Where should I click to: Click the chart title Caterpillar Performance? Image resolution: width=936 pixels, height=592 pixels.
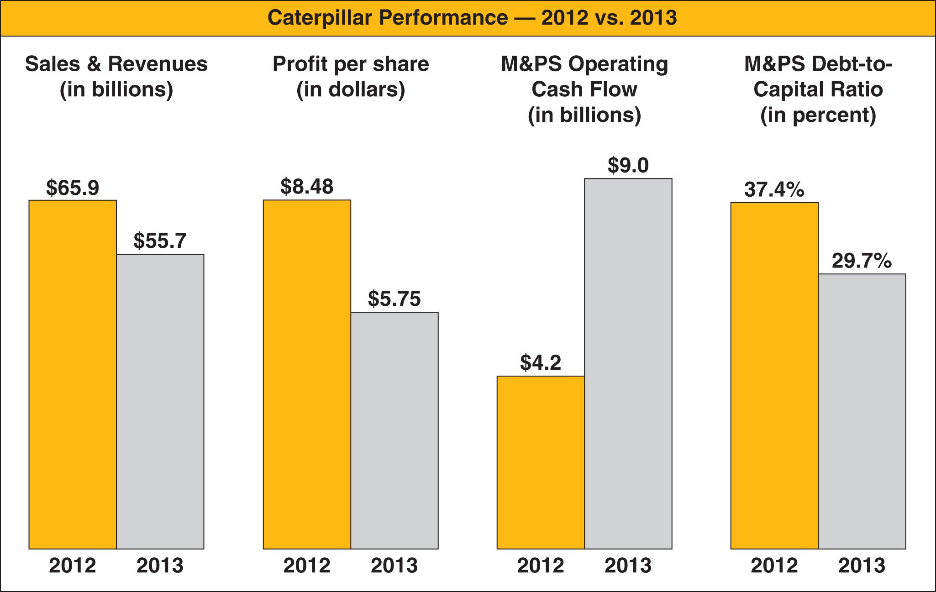tap(472, 18)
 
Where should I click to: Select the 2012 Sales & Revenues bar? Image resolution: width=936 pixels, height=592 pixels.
tap(73, 374)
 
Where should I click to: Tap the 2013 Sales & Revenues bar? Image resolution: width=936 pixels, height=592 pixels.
tap(160, 401)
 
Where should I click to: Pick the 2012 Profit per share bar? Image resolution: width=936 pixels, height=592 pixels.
tap(307, 374)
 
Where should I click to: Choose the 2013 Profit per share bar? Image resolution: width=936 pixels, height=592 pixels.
tap(394, 430)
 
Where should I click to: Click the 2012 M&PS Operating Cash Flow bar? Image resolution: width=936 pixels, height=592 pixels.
tap(541, 462)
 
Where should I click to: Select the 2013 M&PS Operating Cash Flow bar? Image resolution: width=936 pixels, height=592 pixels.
tap(628, 363)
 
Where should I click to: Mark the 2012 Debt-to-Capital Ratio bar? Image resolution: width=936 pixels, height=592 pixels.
tap(774, 376)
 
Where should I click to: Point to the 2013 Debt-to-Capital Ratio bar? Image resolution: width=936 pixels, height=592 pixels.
tap(862, 411)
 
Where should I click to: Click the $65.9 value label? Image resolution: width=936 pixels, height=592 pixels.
tap(73, 188)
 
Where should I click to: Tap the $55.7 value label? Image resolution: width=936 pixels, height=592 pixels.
tap(160, 241)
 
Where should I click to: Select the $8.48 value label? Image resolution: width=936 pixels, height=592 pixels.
tap(307, 187)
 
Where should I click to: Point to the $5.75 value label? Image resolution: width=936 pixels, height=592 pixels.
tap(394, 299)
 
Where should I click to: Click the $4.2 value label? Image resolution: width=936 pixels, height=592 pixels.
tap(541, 363)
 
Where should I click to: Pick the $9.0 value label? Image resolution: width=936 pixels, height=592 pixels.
tap(628, 165)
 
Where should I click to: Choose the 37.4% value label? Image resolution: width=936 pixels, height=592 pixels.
tap(774, 189)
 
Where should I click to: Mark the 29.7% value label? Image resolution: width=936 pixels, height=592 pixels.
tap(862, 261)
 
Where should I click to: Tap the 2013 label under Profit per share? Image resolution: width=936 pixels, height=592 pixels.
tap(394, 566)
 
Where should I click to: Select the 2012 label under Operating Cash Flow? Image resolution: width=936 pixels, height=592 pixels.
tap(541, 566)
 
